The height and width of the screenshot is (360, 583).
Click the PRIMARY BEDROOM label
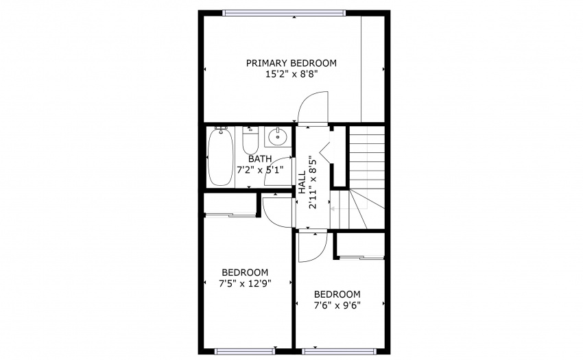291,63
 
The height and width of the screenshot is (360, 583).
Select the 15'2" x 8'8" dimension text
291,74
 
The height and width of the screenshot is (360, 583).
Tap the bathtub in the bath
220,156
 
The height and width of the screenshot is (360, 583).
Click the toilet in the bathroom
250,140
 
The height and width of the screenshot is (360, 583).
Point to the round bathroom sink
277,137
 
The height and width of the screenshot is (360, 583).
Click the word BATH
260,159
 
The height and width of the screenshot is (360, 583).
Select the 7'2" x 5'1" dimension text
260,170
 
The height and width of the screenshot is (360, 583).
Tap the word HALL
302,182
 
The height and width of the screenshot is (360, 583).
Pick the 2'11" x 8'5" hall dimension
313,182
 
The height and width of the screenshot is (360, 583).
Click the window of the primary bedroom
284,13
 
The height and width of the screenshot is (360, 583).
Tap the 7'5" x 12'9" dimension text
245,284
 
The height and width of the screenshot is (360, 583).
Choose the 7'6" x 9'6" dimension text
337,306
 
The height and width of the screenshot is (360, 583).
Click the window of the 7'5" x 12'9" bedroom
245,352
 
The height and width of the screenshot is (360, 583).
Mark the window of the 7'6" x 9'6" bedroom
339,352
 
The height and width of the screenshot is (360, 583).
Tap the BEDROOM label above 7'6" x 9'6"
337,295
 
